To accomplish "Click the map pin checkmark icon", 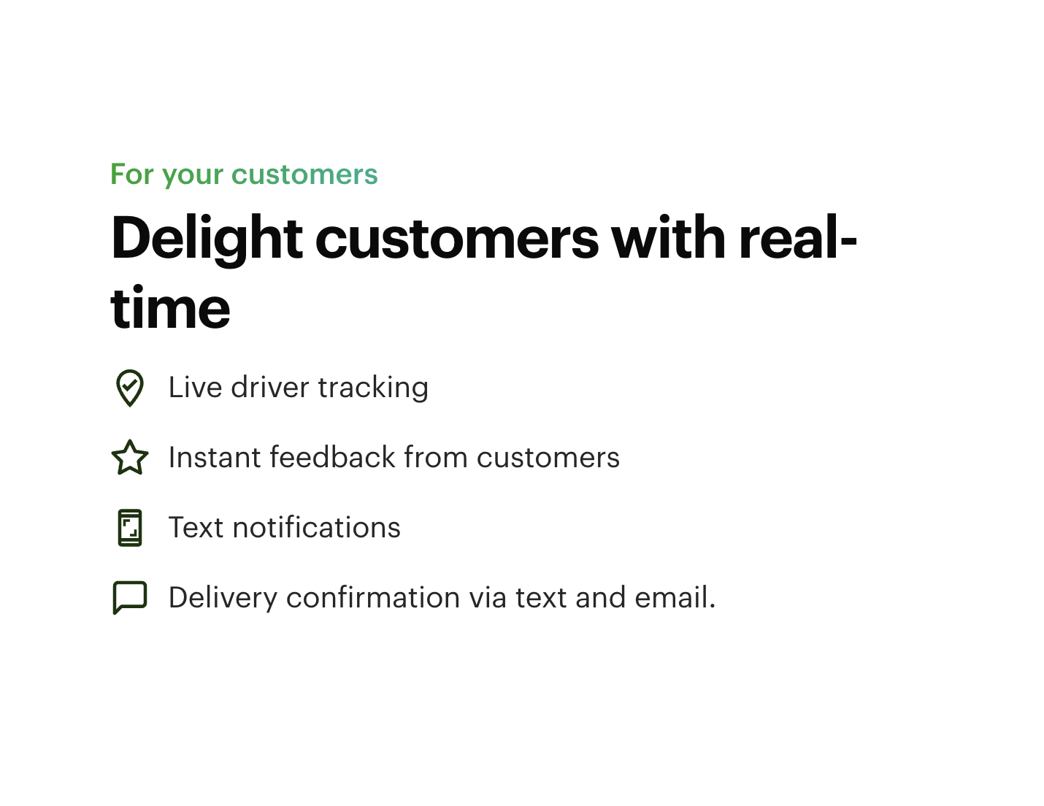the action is pyautogui.click(x=130, y=388).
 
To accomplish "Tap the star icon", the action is pyautogui.click(x=130, y=457).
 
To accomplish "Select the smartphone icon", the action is pyautogui.click(x=130, y=528).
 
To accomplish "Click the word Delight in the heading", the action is pyautogui.click(x=207, y=239).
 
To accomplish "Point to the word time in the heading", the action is pyautogui.click(x=170, y=307).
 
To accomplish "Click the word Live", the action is pyautogui.click(x=195, y=387).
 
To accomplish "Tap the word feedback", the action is pyautogui.click(x=332, y=456).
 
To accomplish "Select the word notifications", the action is pyautogui.click(x=317, y=527).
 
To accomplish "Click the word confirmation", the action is pyautogui.click(x=373, y=597).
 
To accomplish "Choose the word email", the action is pyautogui.click(x=675, y=597).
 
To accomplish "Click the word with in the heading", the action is pyautogui.click(x=667, y=238).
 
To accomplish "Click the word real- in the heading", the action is pyautogui.click(x=797, y=238).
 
